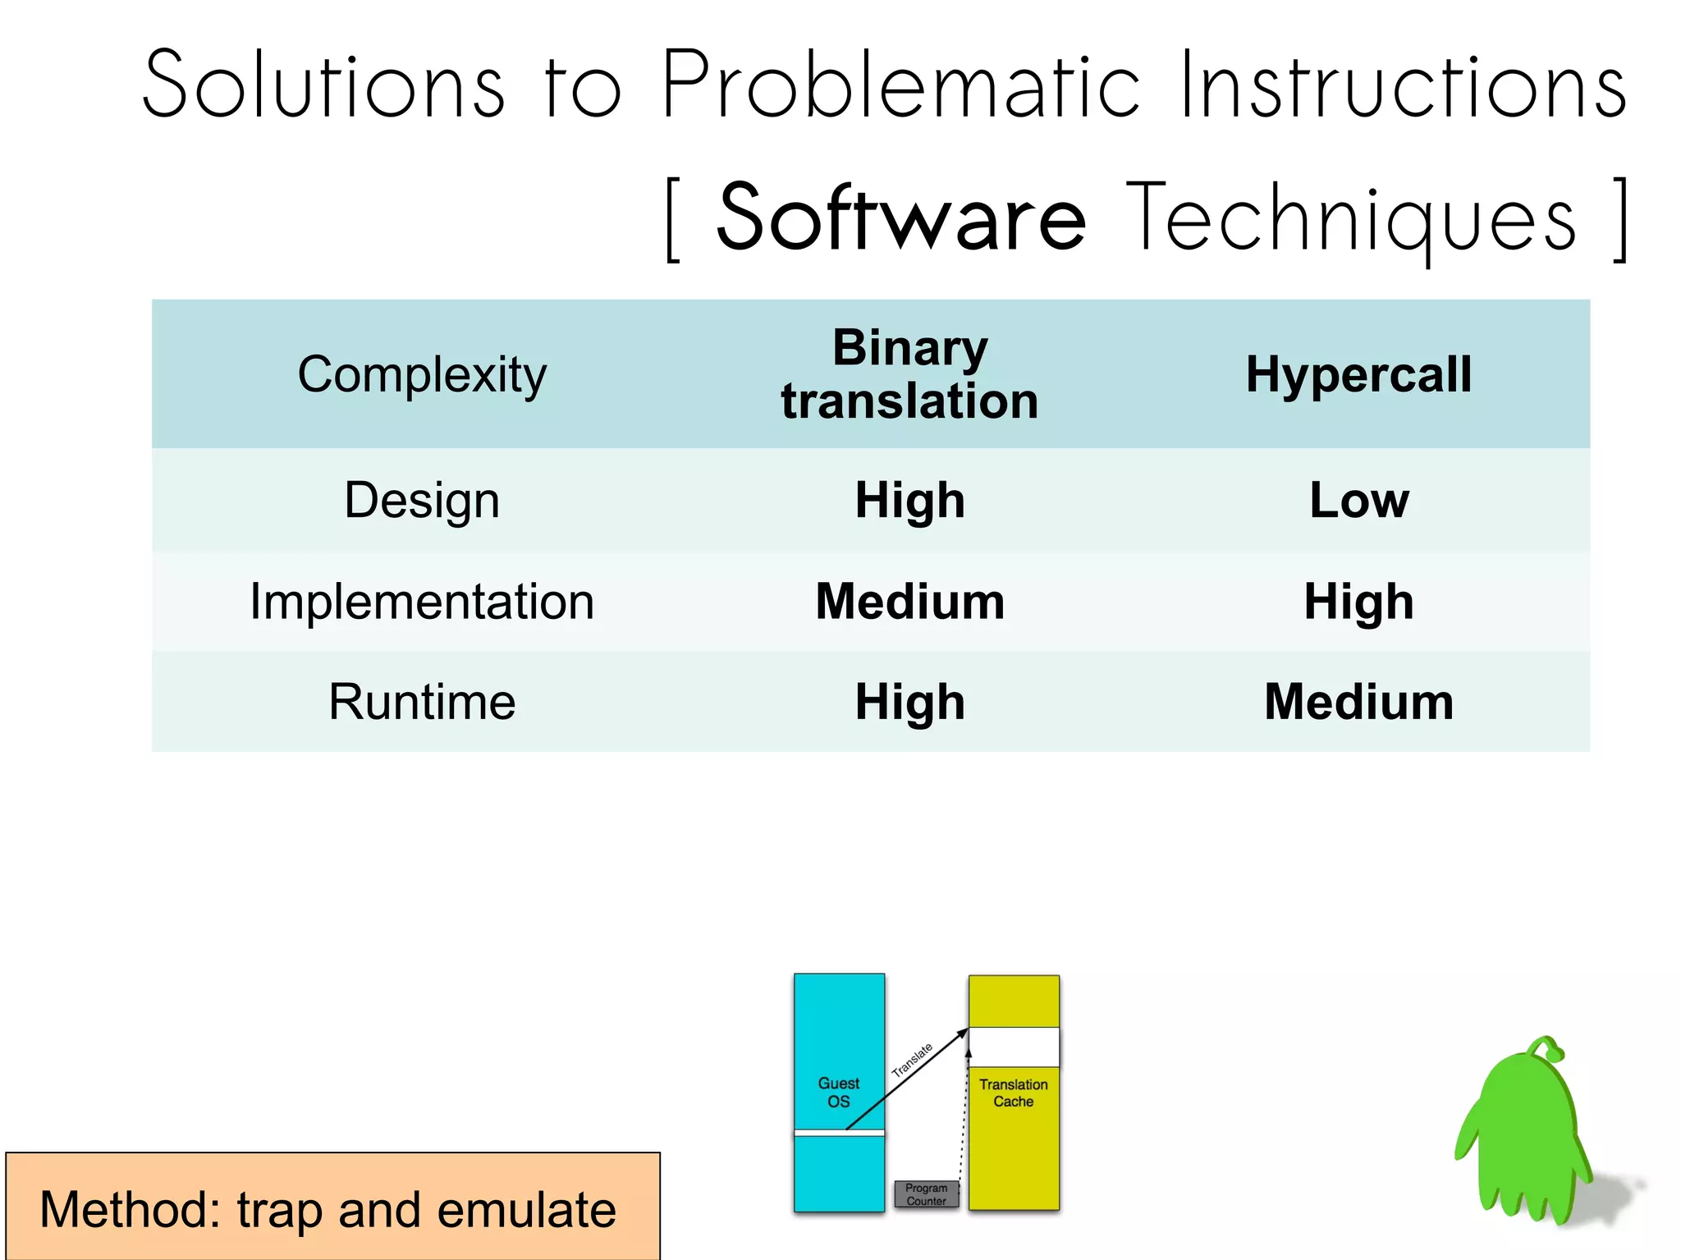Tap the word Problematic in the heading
(x=900, y=85)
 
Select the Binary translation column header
(x=909, y=374)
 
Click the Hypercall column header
(x=1358, y=374)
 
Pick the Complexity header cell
(x=422, y=374)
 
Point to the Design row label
(x=422, y=500)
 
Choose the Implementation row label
(x=422, y=601)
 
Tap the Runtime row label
(x=422, y=702)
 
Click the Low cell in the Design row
(x=1358, y=500)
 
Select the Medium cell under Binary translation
(x=909, y=601)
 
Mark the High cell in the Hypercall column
(x=1358, y=601)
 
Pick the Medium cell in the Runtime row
(x=1358, y=702)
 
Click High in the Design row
(x=909, y=500)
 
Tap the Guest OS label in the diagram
(x=838, y=1092)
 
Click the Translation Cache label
(x=1013, y=1093)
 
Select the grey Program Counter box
(x=926, y=1194)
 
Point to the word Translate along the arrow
(x=912, y=1060)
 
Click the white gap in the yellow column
(x=1014, y=1047)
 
